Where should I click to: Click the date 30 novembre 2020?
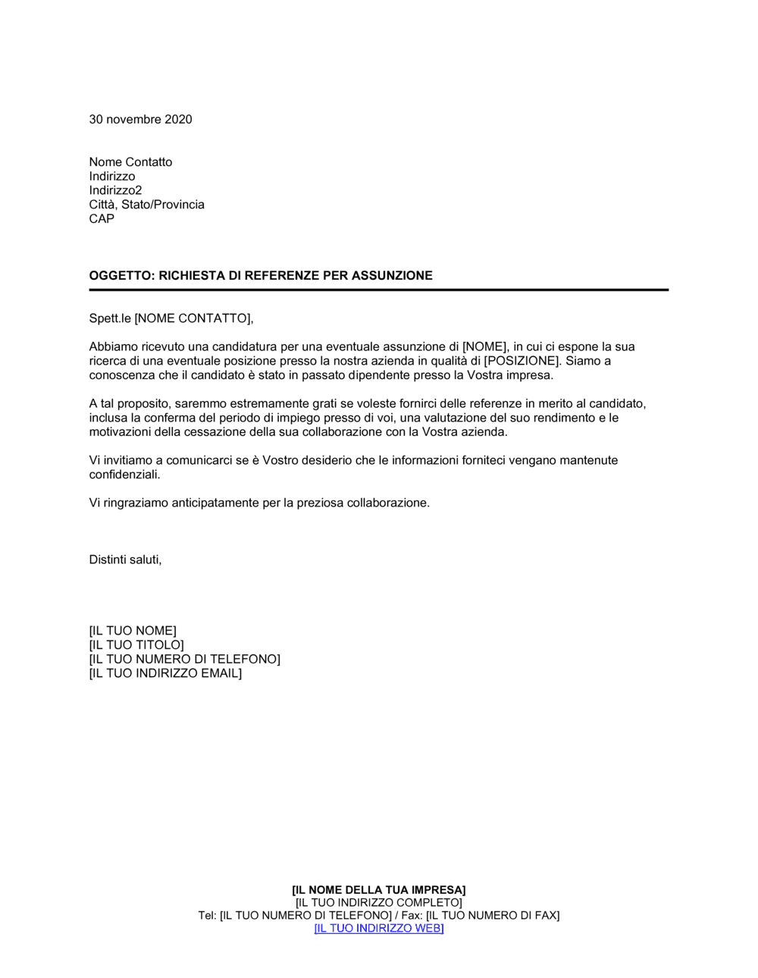[x=140, y=119]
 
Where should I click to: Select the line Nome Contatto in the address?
[x=130, y=162]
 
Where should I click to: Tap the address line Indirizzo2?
[x=115, y=190]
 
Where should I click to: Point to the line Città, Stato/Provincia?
[x=146, y=205]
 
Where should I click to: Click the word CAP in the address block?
[x=102, y=219]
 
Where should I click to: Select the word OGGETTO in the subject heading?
[x=121, y=276]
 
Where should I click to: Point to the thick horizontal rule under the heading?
[x=379, y=290]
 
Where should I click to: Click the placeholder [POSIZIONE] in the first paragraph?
[x=522, y=361]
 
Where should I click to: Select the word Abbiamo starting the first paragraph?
[x=114, y=346]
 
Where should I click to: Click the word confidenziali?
[x=124, y=475]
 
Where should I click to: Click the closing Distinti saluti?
[x=125, y=560]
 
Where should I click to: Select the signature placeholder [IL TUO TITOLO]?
[x=136, y=645]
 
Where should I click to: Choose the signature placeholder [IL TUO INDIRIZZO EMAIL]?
[x=165, y=673]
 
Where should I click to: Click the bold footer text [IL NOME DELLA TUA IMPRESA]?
[x=379, y=890]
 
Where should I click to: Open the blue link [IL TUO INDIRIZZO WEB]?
[x=379, y=929]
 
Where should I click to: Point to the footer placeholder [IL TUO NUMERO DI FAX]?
[x=493, y=916]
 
